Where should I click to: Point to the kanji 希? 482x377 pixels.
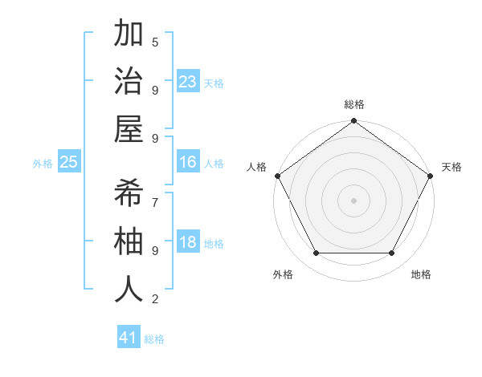coord(129,193)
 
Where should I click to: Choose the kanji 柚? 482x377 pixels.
coord(129,241)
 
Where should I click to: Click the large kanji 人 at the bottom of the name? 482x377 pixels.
coord(129,290)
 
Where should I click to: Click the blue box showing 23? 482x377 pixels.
coord(188,82)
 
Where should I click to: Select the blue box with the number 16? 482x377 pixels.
coord(188,162)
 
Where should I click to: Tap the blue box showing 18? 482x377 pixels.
coord(188,242)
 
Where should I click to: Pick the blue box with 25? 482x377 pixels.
coord(69,162)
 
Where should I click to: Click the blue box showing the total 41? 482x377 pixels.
coord(129,338)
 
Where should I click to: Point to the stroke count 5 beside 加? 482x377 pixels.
coord(155,42)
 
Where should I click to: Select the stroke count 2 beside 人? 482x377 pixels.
coord(155,299)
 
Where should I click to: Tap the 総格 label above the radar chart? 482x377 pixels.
coord(353,104)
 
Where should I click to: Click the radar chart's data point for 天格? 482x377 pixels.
coord(431,176)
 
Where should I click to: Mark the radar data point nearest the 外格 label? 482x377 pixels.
coord(316,253)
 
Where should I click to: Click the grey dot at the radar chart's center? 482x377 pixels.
coord(353,200)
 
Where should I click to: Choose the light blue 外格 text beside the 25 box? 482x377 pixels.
coord(43,164)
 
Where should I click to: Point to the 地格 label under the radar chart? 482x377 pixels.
coord(421,274)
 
